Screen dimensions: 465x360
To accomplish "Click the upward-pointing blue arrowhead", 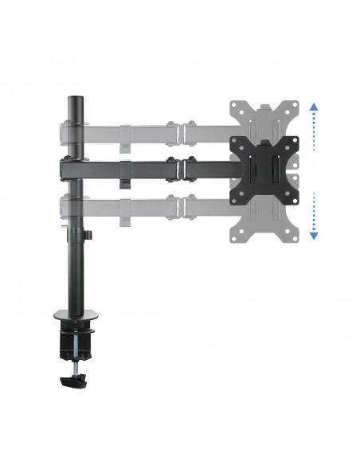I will pyautogui.click(x=314, y=106).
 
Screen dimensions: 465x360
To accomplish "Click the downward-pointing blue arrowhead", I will pyautogui.click(x=314, y=235).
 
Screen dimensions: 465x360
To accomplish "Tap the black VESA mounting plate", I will pyautogui.click(x=264, y=167).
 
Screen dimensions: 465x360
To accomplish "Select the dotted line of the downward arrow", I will pyautogui.click(x=314, y=211).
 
